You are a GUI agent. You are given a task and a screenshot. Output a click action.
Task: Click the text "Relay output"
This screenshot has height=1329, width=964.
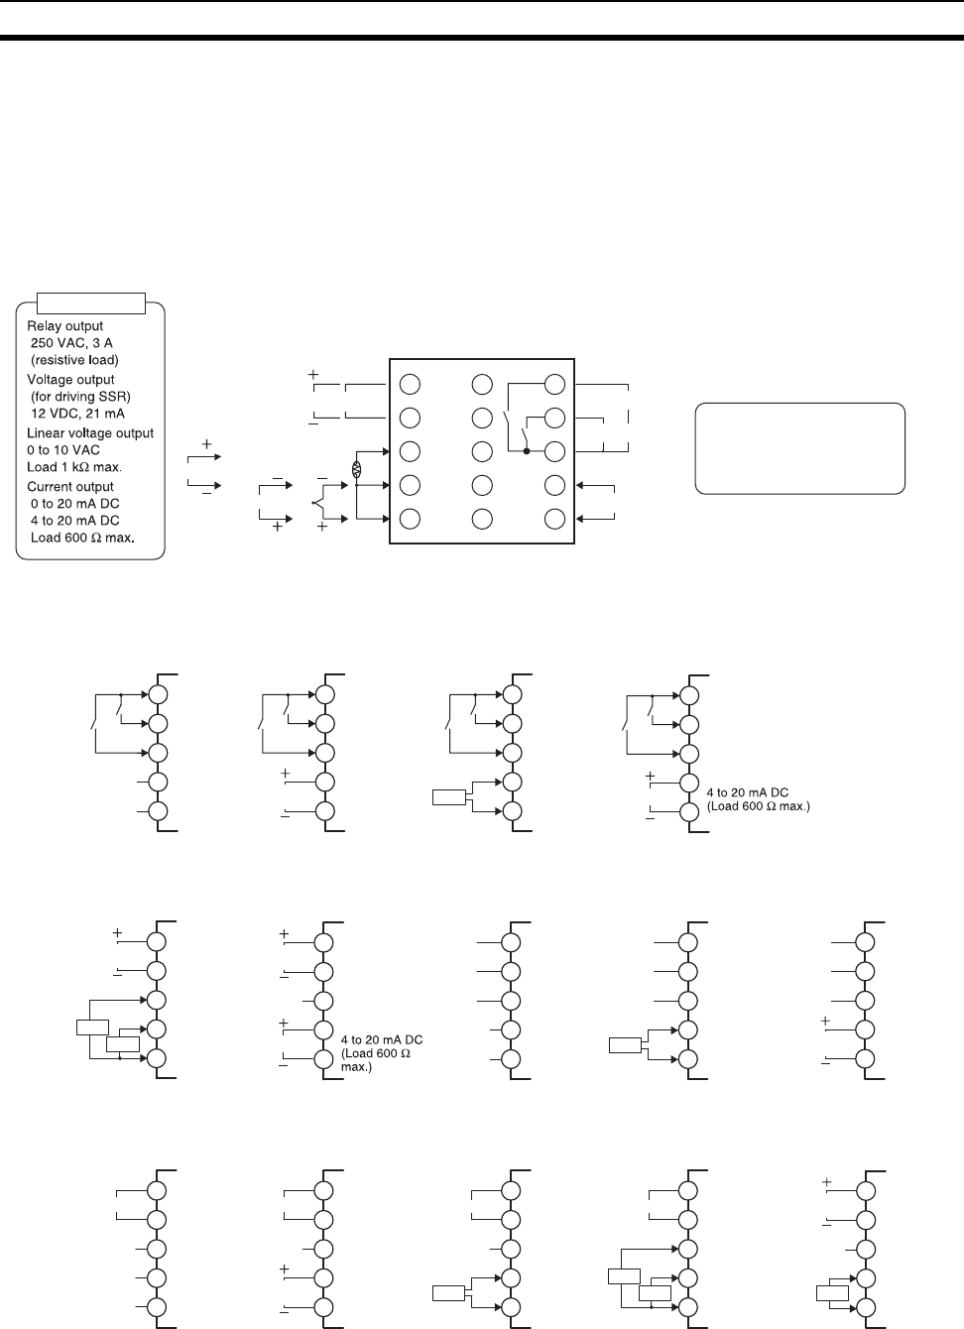point(64,326)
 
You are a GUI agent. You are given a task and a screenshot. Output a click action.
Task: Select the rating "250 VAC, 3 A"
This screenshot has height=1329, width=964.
point(71,343)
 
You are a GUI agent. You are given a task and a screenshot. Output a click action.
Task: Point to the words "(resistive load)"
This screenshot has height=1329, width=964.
point(74,360)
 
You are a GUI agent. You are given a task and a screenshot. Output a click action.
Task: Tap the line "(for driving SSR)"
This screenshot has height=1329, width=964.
point(80,397)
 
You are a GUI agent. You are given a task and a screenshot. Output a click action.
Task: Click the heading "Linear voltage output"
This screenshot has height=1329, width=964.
point(90,433)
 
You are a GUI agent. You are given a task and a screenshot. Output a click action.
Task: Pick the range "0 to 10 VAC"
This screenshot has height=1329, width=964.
point(63,450)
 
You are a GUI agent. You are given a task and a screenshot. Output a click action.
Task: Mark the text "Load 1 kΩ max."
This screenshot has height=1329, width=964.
point(74,467)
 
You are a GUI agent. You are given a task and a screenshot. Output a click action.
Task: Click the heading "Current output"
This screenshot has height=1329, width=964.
point(70,487)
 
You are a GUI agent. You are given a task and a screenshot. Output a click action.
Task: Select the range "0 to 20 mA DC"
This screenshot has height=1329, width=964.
point(74,504)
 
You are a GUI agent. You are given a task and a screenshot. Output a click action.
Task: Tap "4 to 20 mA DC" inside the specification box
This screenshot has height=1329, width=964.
point(74,521)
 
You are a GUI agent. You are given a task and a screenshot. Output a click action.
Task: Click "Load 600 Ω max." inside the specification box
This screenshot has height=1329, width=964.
point(82,538)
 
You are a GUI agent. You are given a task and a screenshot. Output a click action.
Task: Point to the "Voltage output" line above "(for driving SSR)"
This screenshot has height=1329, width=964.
point(70,380)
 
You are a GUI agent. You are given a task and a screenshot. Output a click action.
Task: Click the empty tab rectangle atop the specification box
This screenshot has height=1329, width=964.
point(90,303)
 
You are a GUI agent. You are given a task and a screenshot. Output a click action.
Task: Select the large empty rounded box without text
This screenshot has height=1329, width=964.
point(799,448)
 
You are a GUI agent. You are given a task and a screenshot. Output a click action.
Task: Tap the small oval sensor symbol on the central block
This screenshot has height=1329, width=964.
point(357,469)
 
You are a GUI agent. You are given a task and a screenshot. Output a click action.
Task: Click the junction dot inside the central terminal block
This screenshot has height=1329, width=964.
point(526,451)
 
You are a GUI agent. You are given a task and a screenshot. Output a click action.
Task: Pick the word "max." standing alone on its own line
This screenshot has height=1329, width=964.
point(356,1067)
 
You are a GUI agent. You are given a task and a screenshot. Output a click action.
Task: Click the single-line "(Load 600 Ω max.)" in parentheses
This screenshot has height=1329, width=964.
point(758,806)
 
